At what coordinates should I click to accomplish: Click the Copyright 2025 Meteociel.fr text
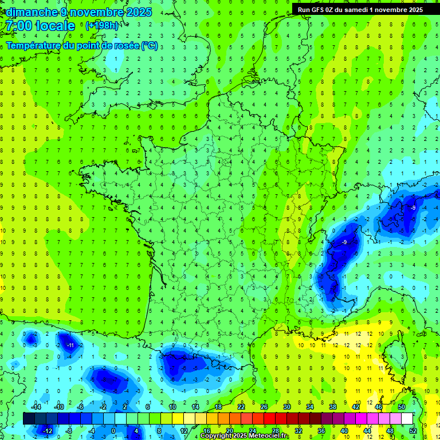244,436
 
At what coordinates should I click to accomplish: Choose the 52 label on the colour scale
413,430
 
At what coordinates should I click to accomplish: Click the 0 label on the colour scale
113,430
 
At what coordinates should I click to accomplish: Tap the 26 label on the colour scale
264,406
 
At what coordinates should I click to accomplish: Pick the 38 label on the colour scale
333,406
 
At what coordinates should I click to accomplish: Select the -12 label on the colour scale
48,430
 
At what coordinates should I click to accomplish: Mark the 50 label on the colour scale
402,406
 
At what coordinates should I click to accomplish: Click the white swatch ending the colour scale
407,418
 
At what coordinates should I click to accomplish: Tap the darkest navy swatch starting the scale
29,418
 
